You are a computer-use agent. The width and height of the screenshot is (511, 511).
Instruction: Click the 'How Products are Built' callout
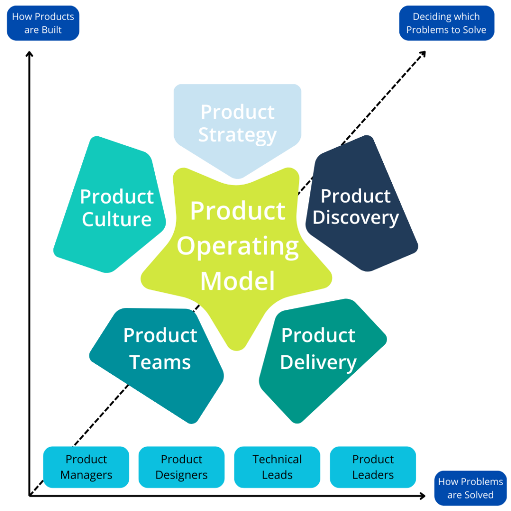[x=43, y=23]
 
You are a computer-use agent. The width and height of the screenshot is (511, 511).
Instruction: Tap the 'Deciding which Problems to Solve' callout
[x=446, y=23]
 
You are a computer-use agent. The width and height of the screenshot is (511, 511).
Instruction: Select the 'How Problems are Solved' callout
[x=470, y=488]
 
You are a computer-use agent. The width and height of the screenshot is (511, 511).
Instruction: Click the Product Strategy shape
[x=238, y=124]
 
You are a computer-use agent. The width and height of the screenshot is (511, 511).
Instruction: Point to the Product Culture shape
[x=116, y=208]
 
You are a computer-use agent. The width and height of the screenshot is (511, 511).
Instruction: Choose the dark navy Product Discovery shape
[x=356, y=207]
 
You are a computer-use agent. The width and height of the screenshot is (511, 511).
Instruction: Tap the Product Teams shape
[x=160, y=349]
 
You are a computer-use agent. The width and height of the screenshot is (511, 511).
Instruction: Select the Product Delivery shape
[x=318, y=349]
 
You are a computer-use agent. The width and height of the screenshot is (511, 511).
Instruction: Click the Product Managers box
[x=86, y=467]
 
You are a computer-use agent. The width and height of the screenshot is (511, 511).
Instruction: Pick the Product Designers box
[x=182, y=467]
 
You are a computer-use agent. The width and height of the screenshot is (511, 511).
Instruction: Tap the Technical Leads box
[x=277, y=467]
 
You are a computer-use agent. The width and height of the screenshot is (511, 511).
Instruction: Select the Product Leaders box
[x=373, y=467]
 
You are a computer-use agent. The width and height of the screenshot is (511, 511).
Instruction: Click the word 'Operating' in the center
[x=238, y=246]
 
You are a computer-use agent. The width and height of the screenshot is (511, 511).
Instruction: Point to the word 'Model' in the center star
[x=238, y=280]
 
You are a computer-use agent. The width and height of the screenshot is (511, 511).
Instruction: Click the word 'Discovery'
[x=356, y=218]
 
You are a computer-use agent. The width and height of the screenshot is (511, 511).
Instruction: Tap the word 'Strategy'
[x=238, y=135]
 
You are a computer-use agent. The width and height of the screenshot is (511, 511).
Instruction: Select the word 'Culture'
[x=116, y=220]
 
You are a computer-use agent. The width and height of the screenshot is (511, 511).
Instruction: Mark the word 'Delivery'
[x=318, y=362]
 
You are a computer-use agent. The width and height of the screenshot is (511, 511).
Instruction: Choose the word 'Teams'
[x=160, y=362]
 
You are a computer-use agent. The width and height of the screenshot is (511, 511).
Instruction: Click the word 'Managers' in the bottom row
[x=86, y=475]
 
